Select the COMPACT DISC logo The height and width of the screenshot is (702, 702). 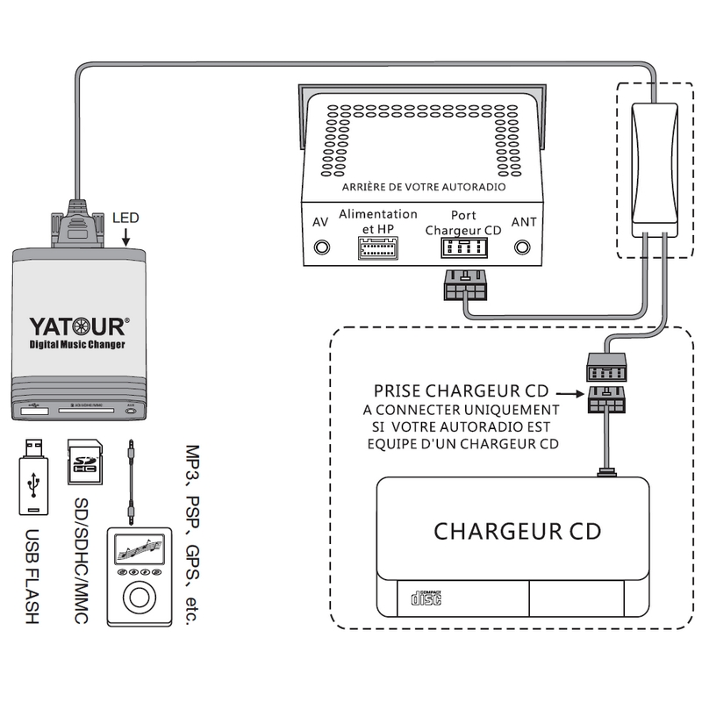tap(425, 600)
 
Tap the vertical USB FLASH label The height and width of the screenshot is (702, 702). tap(33, 576)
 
